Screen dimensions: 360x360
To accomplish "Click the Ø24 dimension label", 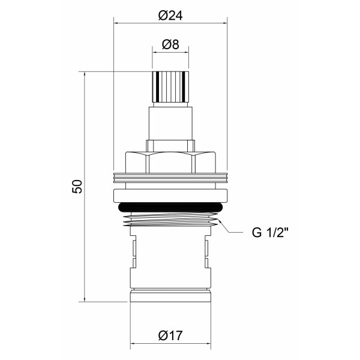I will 171,16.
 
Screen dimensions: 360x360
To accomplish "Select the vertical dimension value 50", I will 77,186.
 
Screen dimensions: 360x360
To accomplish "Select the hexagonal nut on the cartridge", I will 171,162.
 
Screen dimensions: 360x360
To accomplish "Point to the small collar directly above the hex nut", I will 171,146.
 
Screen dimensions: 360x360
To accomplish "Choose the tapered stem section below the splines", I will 171,123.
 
